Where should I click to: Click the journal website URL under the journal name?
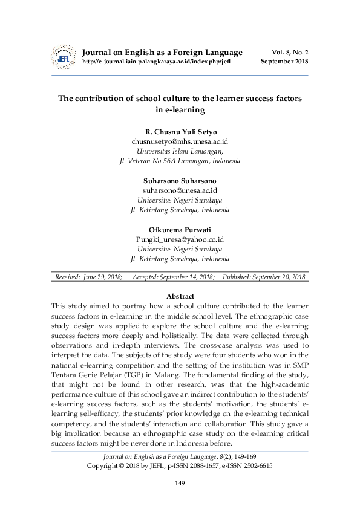156,62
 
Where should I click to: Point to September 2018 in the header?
284,62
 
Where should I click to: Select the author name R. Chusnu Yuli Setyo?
180,131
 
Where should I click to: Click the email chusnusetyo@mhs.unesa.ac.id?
180,141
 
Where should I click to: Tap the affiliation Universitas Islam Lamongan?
180,151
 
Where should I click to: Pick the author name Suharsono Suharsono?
180,180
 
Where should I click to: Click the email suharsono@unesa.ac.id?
180,190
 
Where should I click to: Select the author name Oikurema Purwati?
180,229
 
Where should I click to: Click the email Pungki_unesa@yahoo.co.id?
180,239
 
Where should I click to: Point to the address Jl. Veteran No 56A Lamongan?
180,161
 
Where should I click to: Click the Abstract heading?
180,296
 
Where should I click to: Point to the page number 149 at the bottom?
180,483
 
